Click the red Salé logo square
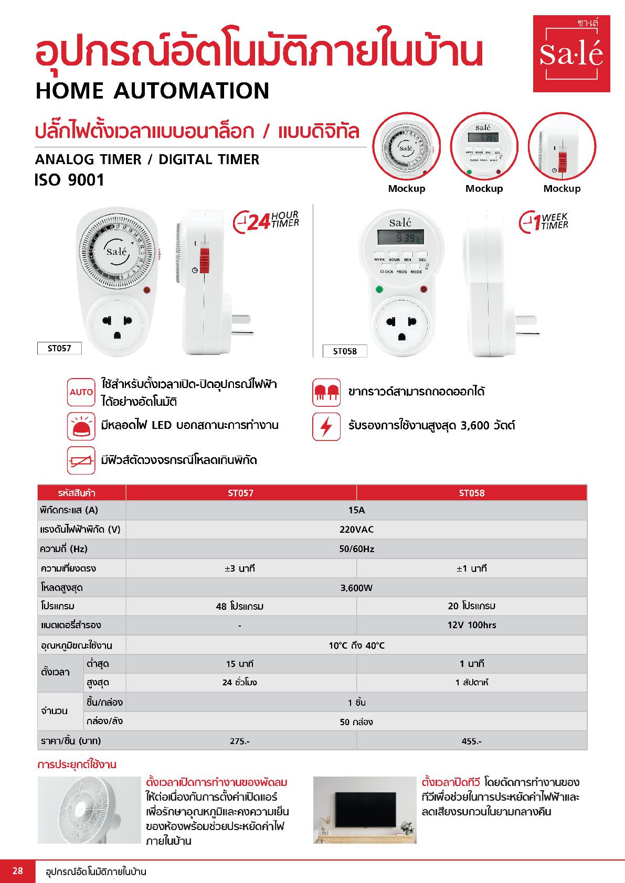(571, 53)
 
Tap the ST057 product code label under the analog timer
(59, 348)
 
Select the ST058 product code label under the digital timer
(344, 351)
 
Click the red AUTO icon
(81, 392)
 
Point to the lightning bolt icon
(326, 426)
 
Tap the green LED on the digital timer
(378, 288)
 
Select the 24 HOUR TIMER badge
(266, 221)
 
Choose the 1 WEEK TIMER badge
(544, 222)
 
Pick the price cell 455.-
(471, 741)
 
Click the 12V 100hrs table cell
(471, 625)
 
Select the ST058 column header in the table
(471, 493)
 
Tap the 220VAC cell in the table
(356, 530)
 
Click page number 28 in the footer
(18, 871)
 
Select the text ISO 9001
(70, 180)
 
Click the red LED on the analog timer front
(147, 289)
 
